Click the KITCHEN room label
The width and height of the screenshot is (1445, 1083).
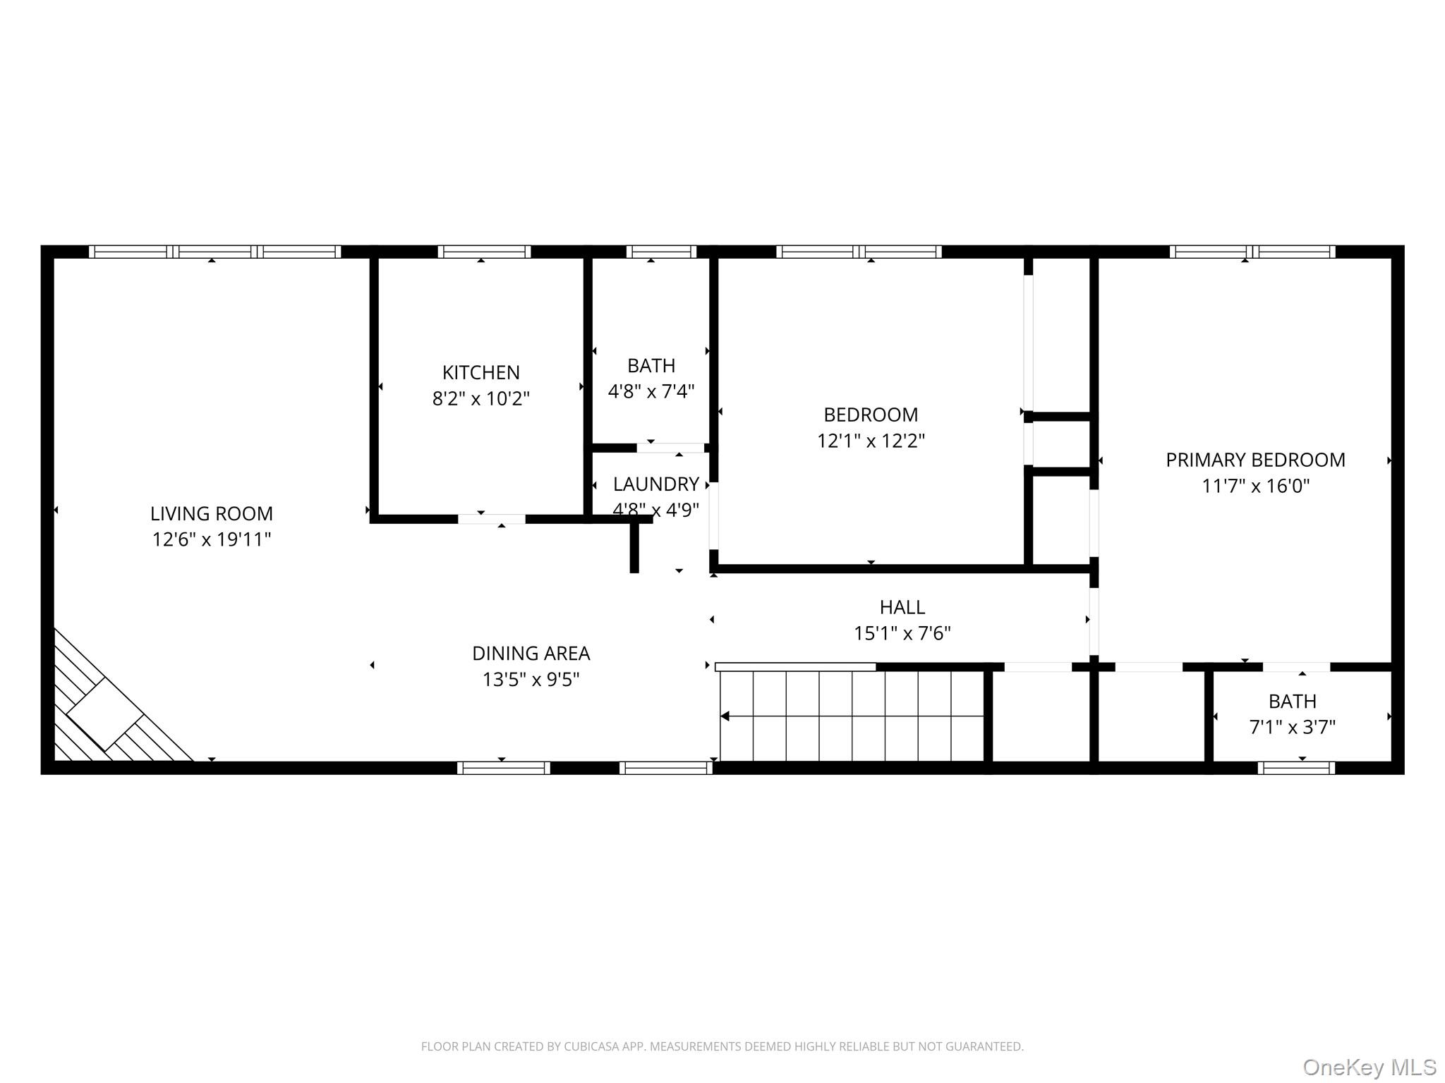click(x=480, y=372)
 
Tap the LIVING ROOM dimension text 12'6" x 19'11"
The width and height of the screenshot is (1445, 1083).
click(x=212, y=539)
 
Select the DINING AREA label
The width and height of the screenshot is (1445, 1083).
click(x=531, y=654)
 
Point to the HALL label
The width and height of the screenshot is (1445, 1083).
click(x=902, y=607)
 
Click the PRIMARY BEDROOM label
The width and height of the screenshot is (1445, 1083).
click(x=1255, y=460)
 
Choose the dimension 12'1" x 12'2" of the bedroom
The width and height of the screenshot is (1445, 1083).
click(x=871, y=441)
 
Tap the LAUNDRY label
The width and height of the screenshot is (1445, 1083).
click(x=655, y=484)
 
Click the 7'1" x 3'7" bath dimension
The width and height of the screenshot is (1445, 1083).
click(x=1292, y=727)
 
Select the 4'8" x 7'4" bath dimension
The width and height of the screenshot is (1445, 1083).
click(x=651, y=391)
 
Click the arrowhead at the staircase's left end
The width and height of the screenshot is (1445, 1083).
click(x=725, y=716)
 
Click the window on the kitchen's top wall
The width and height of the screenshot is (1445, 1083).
click(x=484, y=252)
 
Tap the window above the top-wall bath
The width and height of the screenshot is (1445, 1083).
click(x=661, y=252)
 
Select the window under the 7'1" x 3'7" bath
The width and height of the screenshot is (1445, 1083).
click(x=1296, y=768)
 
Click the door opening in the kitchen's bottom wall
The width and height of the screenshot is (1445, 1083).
click(x=492, y=519)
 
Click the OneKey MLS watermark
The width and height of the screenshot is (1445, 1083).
click(x=1369, y=1067)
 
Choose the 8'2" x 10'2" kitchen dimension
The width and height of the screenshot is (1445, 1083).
click(x=480, y=399)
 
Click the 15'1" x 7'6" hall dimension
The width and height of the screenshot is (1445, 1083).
click(x=902, y=633)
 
